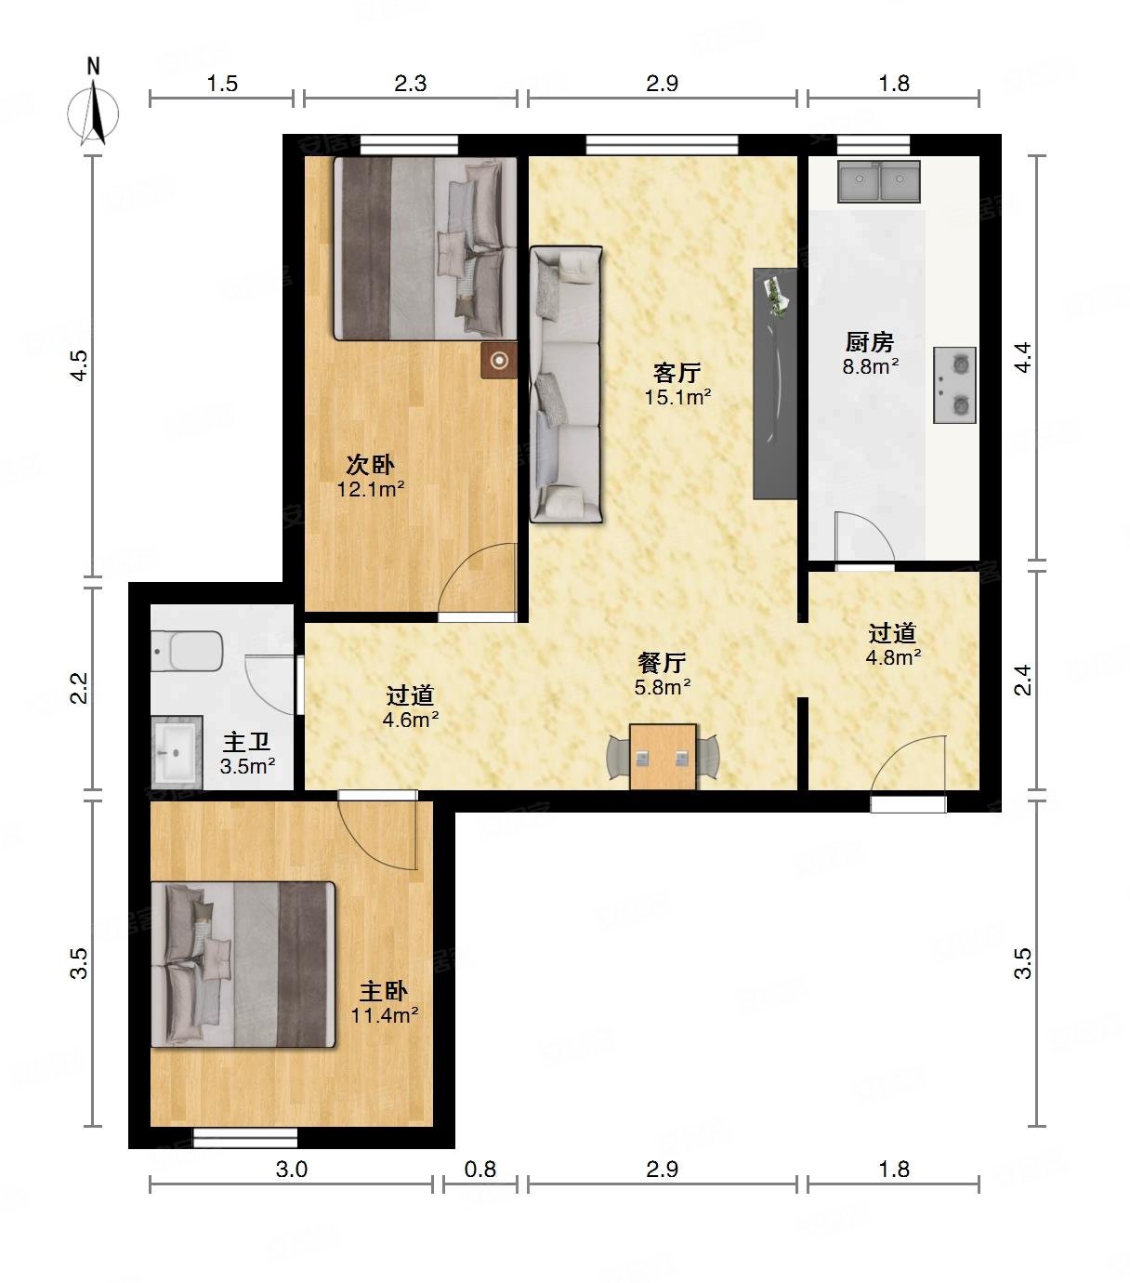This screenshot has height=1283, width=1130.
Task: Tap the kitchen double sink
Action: point(879,181)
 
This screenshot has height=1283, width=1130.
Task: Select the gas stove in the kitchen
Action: point(954,384)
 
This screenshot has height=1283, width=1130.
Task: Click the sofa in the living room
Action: point(565,384)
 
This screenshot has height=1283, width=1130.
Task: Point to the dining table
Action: point(663,757)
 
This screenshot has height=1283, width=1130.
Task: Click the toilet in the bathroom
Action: point(187,651)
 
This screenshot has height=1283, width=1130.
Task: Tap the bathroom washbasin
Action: point(177,753)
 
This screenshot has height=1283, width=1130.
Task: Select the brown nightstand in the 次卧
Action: point(499,361)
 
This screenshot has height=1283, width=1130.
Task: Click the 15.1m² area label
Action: point(677,398)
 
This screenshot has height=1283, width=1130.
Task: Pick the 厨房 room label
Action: point(869,342)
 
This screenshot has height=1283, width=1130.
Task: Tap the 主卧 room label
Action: point(384,991)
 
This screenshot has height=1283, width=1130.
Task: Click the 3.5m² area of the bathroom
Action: point(247,767)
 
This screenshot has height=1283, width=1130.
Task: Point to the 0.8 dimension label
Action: point(480,1169)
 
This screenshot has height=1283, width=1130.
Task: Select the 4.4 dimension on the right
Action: point(1023,357)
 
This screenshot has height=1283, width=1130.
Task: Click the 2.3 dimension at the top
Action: point(410,84)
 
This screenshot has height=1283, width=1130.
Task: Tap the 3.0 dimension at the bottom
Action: point(291,1169)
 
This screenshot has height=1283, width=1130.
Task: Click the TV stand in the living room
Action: point(775,384)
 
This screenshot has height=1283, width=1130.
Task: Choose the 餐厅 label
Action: point(663,663)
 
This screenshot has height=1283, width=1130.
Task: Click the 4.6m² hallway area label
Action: point(410,720)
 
